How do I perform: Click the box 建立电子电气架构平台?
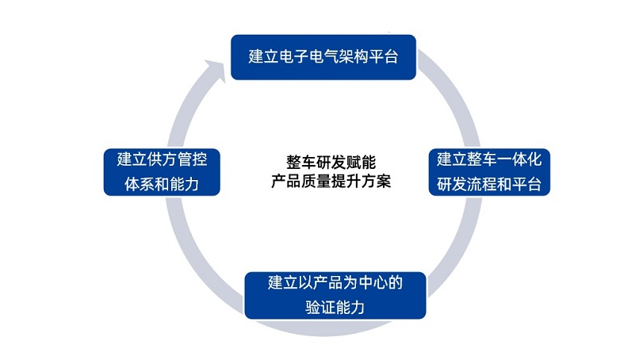pyautogui.click(x=323, y=57)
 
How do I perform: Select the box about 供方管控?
pyautogui.click(x=161, y=171)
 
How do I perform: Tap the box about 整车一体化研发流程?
pyautogui.click(x=489, y=171)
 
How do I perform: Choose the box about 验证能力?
pyautogui.click(x=335, y=294)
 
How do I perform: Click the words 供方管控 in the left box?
pyautogui.click(x=178, y=158)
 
